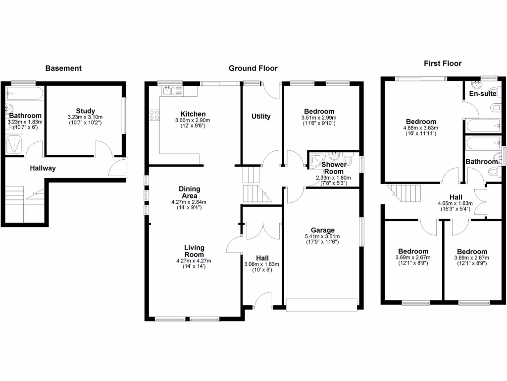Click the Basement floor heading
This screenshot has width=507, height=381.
coord(63,68)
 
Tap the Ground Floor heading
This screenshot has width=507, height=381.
coord(253,68)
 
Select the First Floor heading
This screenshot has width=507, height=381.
coord(443,63)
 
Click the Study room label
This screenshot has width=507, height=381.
coord(85,111)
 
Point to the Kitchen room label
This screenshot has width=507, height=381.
coord(193,114)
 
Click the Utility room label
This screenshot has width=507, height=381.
coord(261,117)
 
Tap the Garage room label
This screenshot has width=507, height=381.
coord(323,230)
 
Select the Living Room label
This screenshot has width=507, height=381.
coord(194,251)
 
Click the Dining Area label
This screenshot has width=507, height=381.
coord(189,192)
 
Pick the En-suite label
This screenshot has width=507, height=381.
coord(483,94)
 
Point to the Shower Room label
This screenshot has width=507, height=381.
coord(333,168)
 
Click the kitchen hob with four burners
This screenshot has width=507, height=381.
coord(154,115)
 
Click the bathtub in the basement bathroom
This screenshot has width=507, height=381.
coord(25,93)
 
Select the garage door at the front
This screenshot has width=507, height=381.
coord(322,305)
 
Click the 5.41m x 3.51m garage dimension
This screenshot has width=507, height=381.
coord(322,237)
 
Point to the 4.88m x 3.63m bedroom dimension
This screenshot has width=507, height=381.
coord(421,128)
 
